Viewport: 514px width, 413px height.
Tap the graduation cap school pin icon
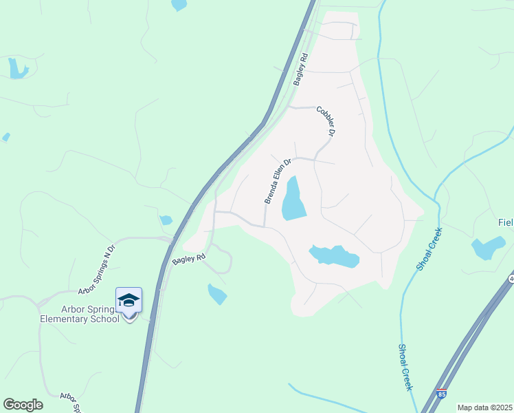[128, 301]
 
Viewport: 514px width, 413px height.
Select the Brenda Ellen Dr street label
[278, 181]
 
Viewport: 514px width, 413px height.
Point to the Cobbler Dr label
[326, 120]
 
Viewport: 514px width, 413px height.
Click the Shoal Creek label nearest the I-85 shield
[405, 367]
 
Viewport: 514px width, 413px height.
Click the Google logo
[23, 405]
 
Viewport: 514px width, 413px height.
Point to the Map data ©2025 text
[485, 407]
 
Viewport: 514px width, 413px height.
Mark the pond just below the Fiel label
[489, 247]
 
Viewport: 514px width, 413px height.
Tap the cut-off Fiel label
[505, 223]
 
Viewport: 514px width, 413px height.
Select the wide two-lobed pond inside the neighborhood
[335, 256]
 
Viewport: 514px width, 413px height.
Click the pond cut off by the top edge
[179, 4]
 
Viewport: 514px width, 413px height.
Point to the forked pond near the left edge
[16, 67]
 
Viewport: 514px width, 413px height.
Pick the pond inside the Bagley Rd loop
[217, 295]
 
